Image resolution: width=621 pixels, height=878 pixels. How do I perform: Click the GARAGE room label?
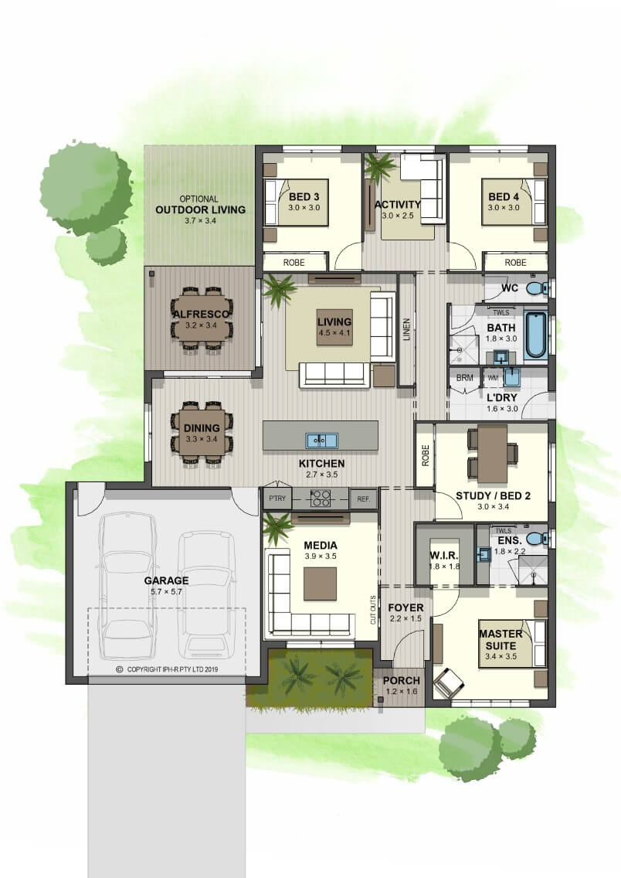click(x=166, y=580)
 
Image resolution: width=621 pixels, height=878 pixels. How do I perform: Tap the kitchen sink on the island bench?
click(x=321, y=440)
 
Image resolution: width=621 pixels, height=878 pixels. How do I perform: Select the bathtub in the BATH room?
click(x=535, y=335)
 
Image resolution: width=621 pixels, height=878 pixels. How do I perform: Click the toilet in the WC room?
click(x=537, y=289)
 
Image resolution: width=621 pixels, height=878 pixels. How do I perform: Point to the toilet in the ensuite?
click(x=537, y=539)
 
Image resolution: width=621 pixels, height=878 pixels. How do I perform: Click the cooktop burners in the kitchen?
click(x=321, y=498)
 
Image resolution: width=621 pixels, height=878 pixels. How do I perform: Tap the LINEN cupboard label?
click(x=407, y=329)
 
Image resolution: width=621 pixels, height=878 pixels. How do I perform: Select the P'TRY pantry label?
click(x=277, y=499)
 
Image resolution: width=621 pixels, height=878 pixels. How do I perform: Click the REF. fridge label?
click(x=364, y=499)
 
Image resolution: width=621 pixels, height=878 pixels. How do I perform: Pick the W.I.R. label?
click(x=444, y=556)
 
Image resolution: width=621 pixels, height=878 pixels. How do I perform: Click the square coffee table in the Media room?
click(x=320, y=584)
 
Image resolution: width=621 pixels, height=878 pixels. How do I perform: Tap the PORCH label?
click(x=401, y=680)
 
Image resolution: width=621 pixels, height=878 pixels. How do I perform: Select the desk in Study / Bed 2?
click(x=492, y=454)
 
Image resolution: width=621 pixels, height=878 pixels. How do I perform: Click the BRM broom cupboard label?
click(x=464, y=378)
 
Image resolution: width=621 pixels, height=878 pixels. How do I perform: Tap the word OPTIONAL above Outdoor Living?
click(x=199, y=199)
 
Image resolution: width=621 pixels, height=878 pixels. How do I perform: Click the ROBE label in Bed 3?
click(x=294, y=262)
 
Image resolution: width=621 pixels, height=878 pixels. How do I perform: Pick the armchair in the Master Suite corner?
click(x=449, y=682)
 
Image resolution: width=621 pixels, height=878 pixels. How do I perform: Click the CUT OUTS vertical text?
click(x=373, y=610)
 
